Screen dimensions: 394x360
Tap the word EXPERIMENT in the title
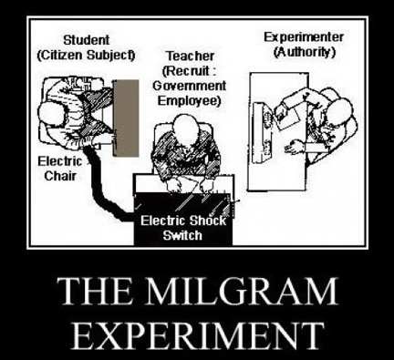point(197,335)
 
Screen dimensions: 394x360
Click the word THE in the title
point(95,291)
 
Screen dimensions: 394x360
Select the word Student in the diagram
point(86,40)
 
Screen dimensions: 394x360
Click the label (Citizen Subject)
point(86,56)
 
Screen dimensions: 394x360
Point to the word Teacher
point(190,56)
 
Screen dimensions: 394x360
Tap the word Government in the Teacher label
point(189,86)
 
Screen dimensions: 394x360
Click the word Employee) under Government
point(189,101)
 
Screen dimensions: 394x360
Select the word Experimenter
point(304,37)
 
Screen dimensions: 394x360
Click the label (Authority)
point(305,52)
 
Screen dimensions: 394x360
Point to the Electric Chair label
point(60,169)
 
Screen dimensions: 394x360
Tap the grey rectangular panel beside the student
point(126,118)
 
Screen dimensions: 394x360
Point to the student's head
point(51,115)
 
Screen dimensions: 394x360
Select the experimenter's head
point(340,112)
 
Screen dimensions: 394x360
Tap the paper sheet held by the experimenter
point(287,118)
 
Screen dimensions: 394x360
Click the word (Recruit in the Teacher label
point(186,71)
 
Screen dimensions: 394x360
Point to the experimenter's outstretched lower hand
point(293,147)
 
